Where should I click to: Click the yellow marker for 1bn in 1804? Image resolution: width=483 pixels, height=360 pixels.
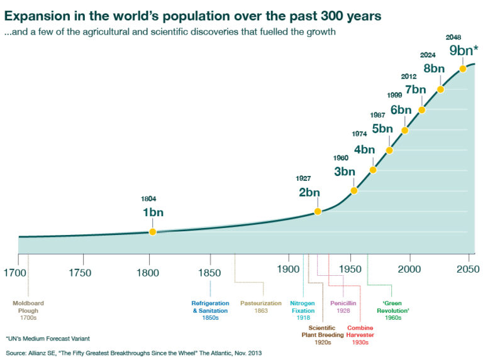tap(152, 232)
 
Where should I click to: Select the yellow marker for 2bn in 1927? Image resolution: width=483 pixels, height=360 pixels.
tap(318, 211)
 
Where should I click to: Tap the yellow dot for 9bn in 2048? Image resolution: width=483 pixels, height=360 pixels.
tap(463, 68)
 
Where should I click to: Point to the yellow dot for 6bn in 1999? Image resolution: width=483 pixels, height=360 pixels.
tap(404, 130)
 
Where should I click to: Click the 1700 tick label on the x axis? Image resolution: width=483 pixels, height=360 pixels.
tap(14, 272)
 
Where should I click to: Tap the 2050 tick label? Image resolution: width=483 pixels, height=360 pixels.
tap(468, 270)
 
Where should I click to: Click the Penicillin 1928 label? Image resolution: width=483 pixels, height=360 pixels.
tap(343, 307)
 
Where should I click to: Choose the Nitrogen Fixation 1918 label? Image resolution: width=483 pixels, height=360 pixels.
tap(303, 310)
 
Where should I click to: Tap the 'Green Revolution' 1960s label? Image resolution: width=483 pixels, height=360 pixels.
tap(393, 310)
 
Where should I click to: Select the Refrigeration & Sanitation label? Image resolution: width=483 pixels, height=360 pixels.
tap(210, 310)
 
